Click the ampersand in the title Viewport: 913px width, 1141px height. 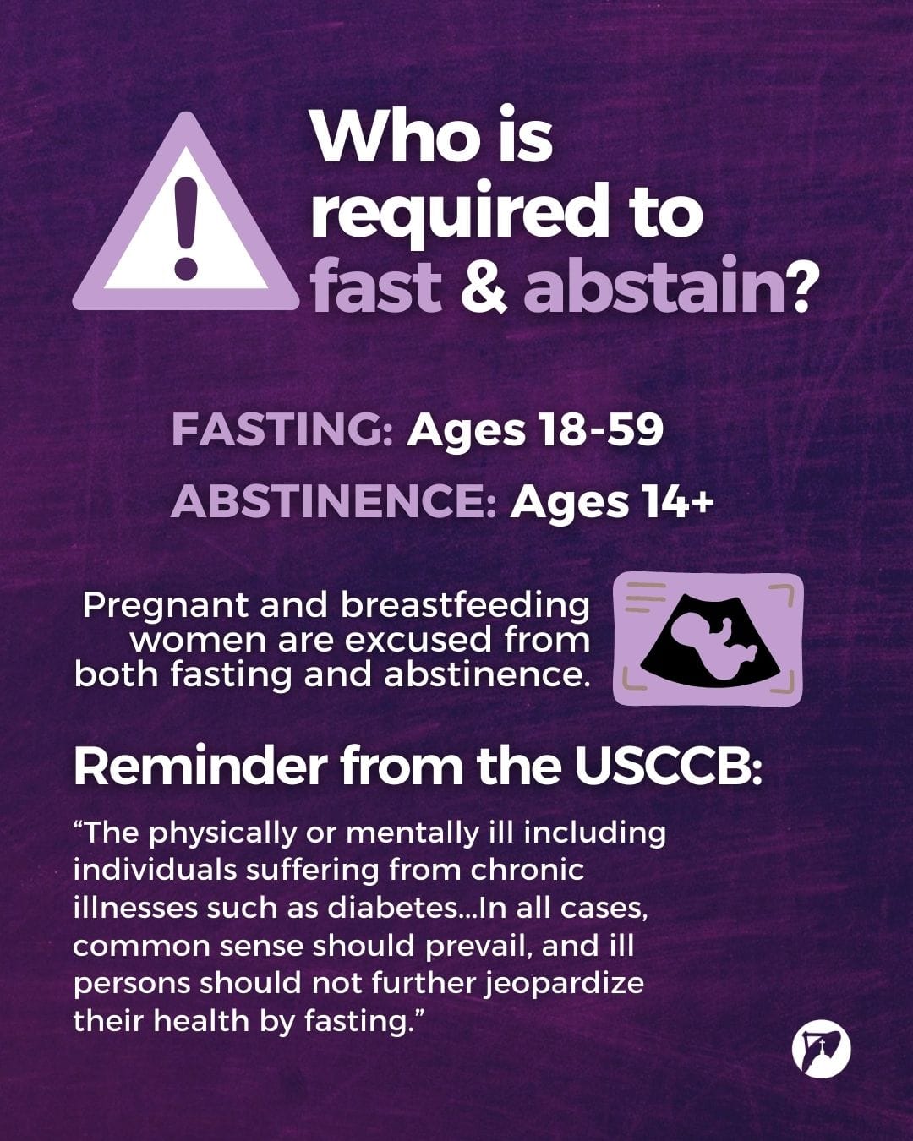point(484,287)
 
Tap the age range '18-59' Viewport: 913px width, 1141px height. point(599,430)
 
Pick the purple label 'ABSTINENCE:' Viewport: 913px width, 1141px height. point(333,501)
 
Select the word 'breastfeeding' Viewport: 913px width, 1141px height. point(465,605)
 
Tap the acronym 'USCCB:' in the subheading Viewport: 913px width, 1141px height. point(668,766)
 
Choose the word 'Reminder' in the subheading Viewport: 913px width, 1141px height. point(200,766)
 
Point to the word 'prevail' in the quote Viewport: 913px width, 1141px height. point(478,945)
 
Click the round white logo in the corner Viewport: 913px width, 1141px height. point(821,1050)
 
